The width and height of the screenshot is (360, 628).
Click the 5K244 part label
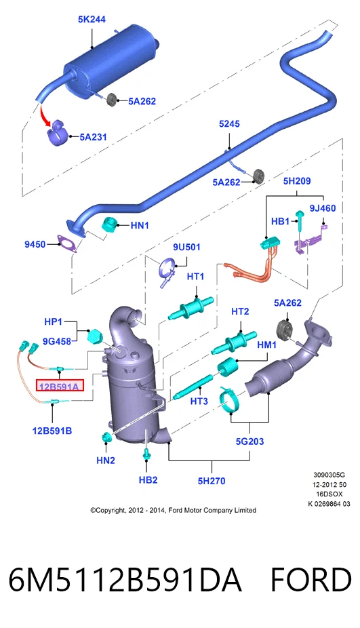(x=92, y=19)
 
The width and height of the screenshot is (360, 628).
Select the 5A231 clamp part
(x=57, y=132)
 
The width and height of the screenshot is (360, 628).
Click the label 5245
(x=229, y=123)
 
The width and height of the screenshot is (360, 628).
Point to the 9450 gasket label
(x=35, y=244)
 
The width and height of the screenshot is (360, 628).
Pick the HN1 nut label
(x=140, y=225)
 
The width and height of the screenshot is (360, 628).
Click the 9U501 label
(x=186, y=247)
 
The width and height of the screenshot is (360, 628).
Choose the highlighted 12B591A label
(x=60, y=387)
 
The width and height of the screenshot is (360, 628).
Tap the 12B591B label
(x=52, y=431)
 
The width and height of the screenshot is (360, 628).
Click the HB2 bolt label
(x=148, y=479)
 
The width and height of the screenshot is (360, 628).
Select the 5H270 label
(x=212, y=481)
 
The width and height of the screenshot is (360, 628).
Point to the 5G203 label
(x=249, y=441)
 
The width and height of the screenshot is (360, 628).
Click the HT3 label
(x=199, y=401)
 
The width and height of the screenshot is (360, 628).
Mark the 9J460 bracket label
(x=323, y=208)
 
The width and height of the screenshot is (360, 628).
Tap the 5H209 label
(x=297, y=181)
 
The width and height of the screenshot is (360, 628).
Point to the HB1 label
(x=280, y=222)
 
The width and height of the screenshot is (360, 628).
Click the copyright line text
(x=173, y=510)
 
